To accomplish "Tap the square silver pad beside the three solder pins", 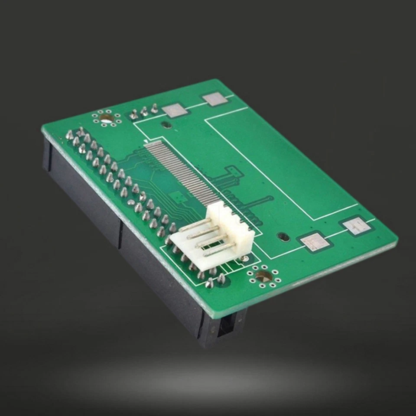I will click(175, 110).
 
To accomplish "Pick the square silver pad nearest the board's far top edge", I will click(215, 99).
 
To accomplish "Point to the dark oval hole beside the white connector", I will click(283, 237).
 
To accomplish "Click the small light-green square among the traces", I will click(176, 198).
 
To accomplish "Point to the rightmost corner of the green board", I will click(396, 239).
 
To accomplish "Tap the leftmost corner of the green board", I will click(42, 129).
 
